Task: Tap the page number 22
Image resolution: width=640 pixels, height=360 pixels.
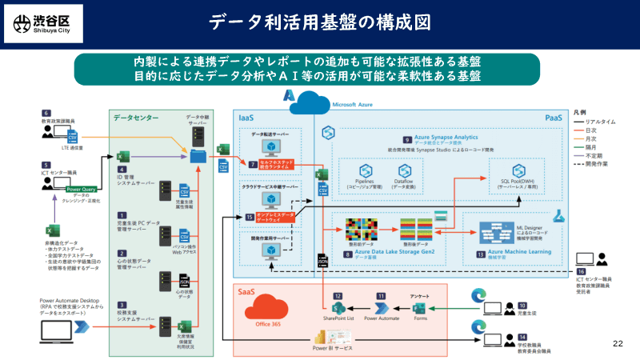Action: tap(617, 343)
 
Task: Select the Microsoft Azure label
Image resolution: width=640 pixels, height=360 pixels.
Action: tap(357, 104)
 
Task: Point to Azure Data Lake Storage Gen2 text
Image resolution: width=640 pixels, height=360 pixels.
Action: tap(387, 252)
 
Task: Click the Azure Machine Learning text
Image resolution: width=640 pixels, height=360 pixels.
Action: tap(520, 252)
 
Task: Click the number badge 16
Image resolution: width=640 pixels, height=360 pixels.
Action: tap(581, 270)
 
